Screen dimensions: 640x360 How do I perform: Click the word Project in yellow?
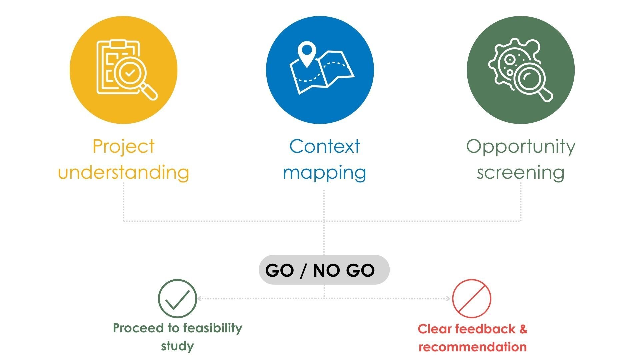click(x=123, y=147)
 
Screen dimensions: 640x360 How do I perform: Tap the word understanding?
click(x=124, y=172)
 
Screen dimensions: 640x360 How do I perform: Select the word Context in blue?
click(x=325, y=146)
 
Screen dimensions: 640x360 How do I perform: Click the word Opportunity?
click(x=521, y=147)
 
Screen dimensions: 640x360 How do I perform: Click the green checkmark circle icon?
click(x=177, y=298)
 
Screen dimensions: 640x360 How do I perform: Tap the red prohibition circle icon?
click(x=472, y=298)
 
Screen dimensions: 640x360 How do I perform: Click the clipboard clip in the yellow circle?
click(x=118, y=44)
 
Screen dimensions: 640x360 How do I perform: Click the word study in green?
click(x=177, y=346)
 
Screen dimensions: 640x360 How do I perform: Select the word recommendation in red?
click(x=473, y=347)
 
